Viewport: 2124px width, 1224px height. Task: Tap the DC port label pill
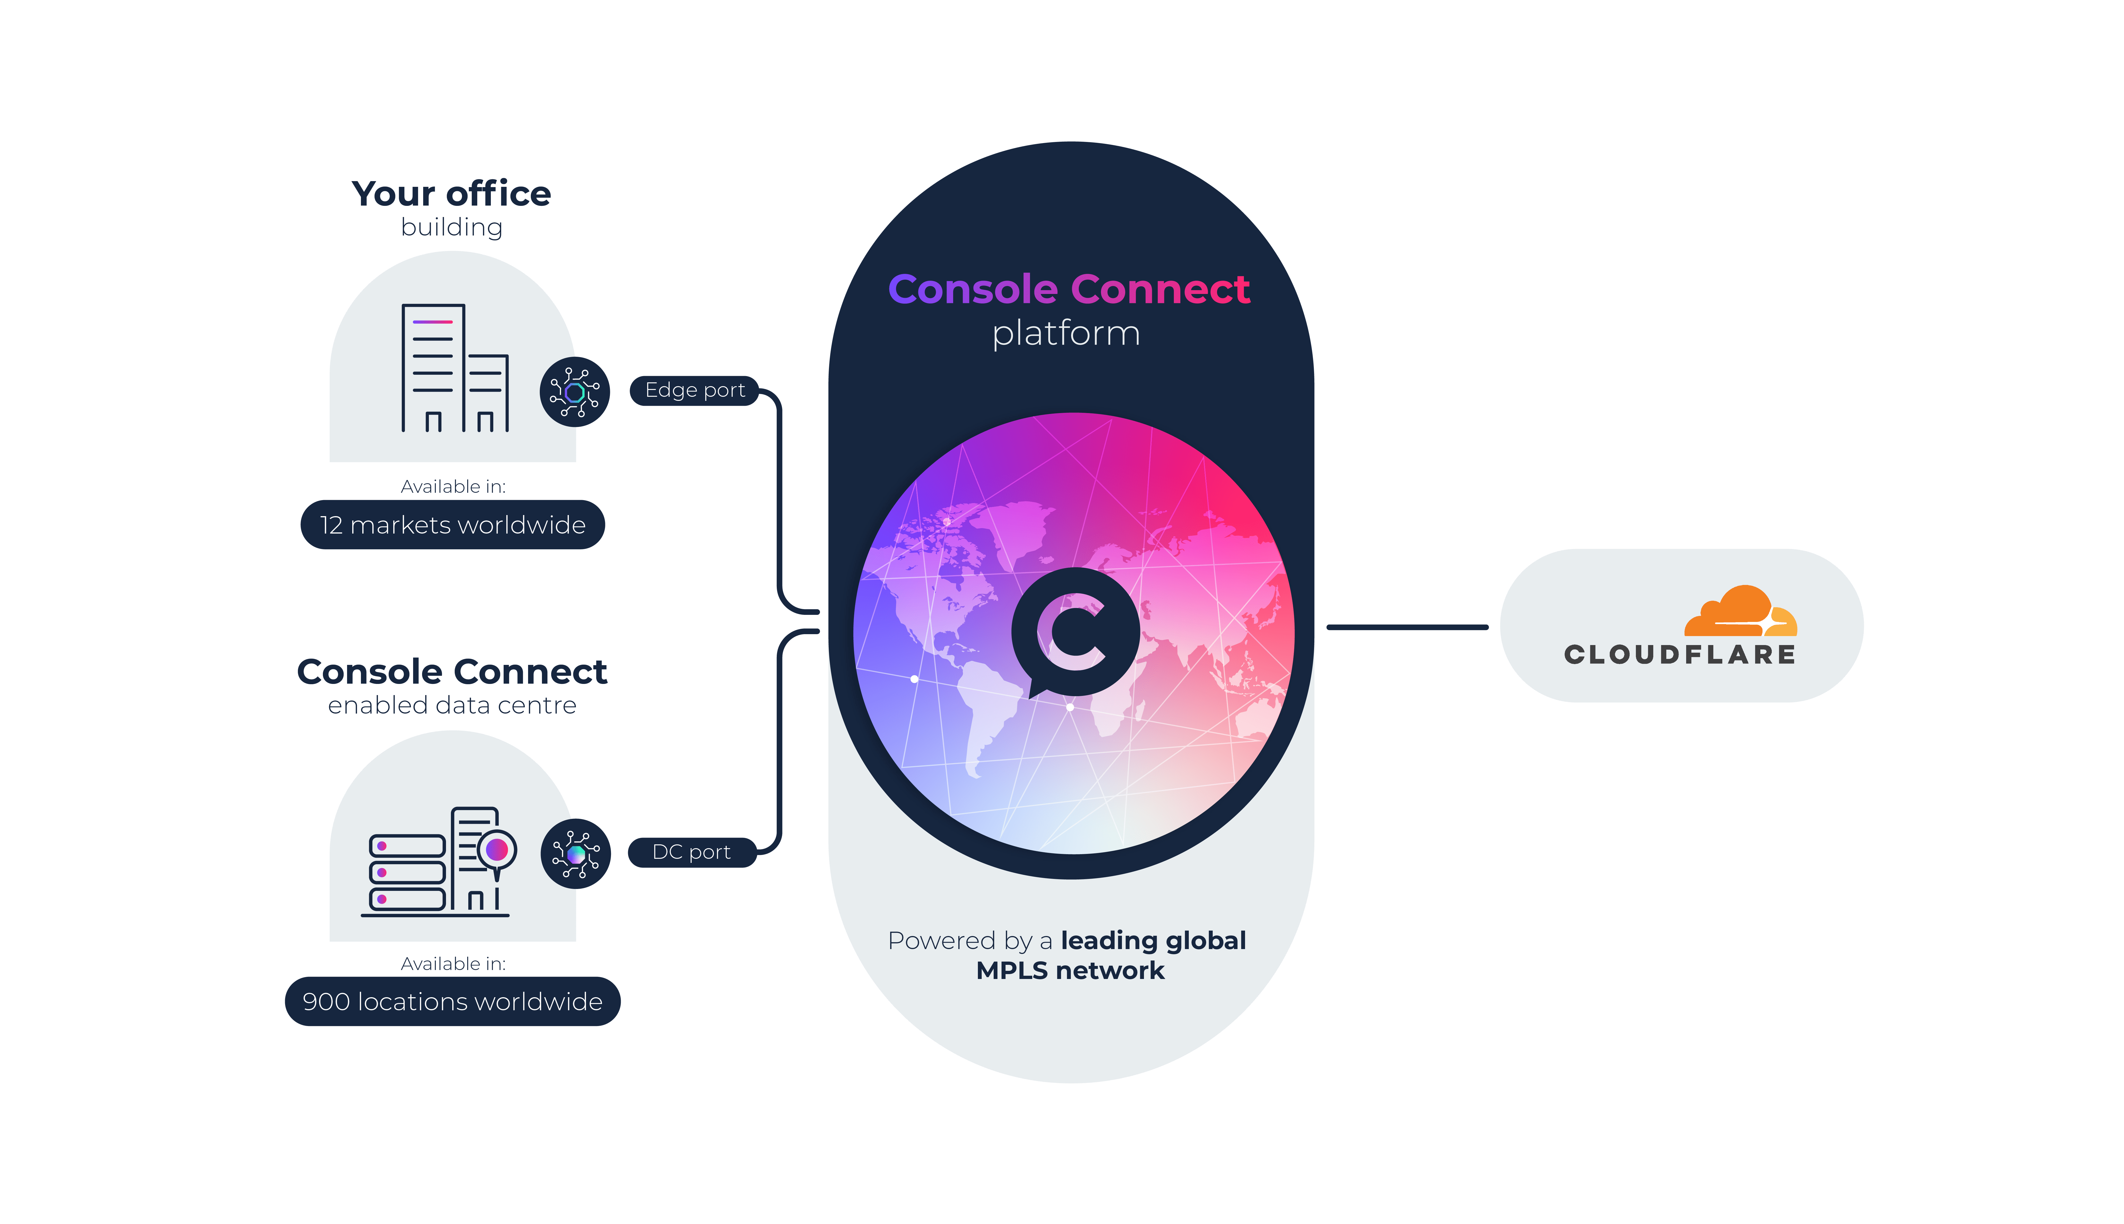pos(691,853)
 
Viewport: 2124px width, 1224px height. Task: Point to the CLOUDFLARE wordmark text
pos(1680,655)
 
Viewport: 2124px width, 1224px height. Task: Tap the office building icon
pos(454,368)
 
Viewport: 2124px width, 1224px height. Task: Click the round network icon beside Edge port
pos(575,392)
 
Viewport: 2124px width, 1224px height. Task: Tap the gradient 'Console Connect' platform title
pos(1069,289)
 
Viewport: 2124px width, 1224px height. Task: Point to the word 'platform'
pos(1066,334)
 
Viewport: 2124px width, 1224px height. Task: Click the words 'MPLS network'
pos(1069,971)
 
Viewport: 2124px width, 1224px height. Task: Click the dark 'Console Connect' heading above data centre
pos(452,673)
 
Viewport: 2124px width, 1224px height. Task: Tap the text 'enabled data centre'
pos(452,705)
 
